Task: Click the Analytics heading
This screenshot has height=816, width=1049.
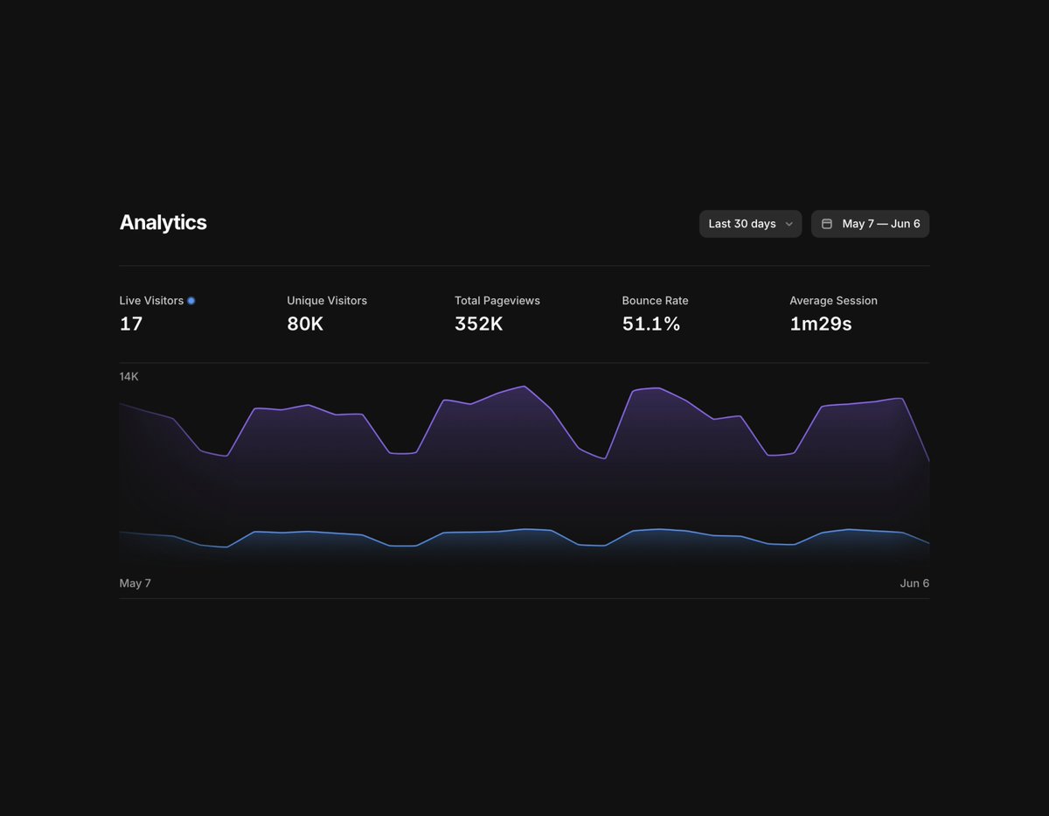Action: coord(163,223)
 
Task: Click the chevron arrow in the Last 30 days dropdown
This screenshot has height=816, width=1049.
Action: coord(789,224)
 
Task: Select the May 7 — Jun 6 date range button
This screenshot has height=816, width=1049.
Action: coord(870,224)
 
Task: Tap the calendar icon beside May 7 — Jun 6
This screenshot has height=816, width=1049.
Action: coord(827,224)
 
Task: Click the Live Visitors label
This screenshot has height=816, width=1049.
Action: coord(151,301)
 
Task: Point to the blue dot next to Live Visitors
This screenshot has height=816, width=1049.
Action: coord(191,301)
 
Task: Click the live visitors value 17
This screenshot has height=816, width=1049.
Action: coord(131,324)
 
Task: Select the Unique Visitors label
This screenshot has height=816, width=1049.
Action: coord(327,301)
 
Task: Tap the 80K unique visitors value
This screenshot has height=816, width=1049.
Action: coord(305,324)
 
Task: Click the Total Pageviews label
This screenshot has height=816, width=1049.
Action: coord(497,301)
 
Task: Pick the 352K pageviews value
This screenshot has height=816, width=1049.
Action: coord(479,324)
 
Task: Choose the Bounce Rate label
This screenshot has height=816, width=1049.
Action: coord(656,301)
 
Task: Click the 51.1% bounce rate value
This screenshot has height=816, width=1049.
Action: coord(651,324)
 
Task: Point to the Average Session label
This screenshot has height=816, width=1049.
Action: coord(833,301)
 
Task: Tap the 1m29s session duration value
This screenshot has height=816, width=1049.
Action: coord(821,324)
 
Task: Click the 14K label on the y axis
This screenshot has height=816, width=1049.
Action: coord(129,377)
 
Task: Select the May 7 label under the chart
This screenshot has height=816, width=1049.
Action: coord(135,583)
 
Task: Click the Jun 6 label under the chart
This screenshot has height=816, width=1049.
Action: coord(914,583)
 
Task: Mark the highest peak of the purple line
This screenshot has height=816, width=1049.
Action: coord(524,386)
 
